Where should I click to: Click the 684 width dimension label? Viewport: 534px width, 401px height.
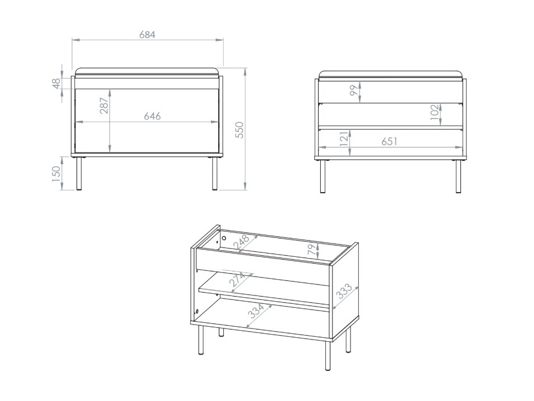pyautogui.click(x=147, y=34)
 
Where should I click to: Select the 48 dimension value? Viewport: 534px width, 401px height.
pyautogui.click(x=56, y=83)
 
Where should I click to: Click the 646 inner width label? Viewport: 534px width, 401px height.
pyautogui.click(x=152, y=116)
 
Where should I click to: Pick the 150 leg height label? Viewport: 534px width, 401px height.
pyautogui.click(x=56, y=174)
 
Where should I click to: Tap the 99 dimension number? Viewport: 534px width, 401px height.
pyautogui.click(x=353, y=90)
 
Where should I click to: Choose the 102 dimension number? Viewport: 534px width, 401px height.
pyautogui.click(x=434, y=113)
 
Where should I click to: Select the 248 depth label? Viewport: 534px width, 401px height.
pyautogui.click(x=242, y=244)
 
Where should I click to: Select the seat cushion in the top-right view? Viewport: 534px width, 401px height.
pyautogui.click(x=391, y=74)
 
